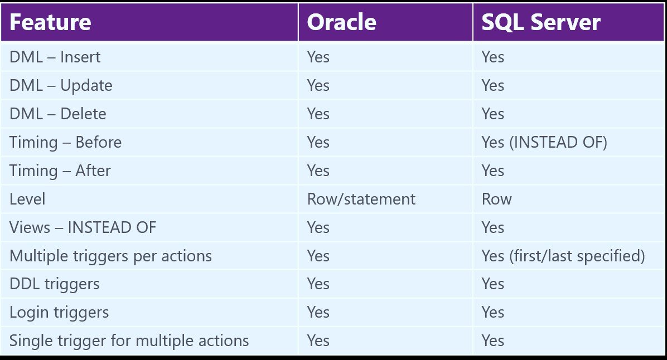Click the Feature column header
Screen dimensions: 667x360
(50, 22)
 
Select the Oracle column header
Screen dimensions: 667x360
(341, 22)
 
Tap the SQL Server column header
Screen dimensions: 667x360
(540, 22)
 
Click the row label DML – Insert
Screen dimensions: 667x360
(55, 57)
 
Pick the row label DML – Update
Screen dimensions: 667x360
(61, 85)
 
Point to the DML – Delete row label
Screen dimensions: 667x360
(58, 114)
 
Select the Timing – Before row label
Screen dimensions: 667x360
(65, 143)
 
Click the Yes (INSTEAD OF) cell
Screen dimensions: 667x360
(544, 143)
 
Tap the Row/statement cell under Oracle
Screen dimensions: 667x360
(361, 199)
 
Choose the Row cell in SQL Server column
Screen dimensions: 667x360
(496, 199)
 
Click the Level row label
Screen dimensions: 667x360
(27, 199)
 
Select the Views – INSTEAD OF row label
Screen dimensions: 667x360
(83, 227)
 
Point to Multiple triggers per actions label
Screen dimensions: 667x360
(110, 256)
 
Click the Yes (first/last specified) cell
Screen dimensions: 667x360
(563, 256)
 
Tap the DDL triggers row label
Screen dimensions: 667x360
(55, 284)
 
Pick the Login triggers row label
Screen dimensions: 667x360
(59, 313)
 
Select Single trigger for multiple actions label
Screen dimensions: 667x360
(129, 341)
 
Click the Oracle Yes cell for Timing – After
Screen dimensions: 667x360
(318, 171)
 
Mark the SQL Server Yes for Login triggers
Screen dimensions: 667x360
(492, 313)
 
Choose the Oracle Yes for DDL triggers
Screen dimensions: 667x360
(318, 284)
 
